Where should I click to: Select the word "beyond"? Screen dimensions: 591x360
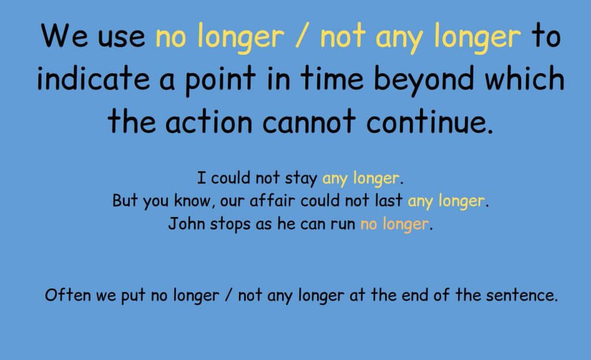tap(423, 81)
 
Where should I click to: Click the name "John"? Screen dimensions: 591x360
tap(186, 223)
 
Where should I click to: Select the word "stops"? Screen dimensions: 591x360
tap(230, 224)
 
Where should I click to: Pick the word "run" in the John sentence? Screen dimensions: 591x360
tap(343, 224)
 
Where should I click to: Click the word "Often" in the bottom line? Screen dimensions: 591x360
tap(68, 295)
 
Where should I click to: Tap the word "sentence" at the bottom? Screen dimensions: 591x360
tap(522, 295)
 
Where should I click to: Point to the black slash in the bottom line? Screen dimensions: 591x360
tap(228, 295)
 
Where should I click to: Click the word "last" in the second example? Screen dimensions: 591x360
tap(388, 200)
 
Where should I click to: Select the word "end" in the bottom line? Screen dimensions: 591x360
tap(414, 295)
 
